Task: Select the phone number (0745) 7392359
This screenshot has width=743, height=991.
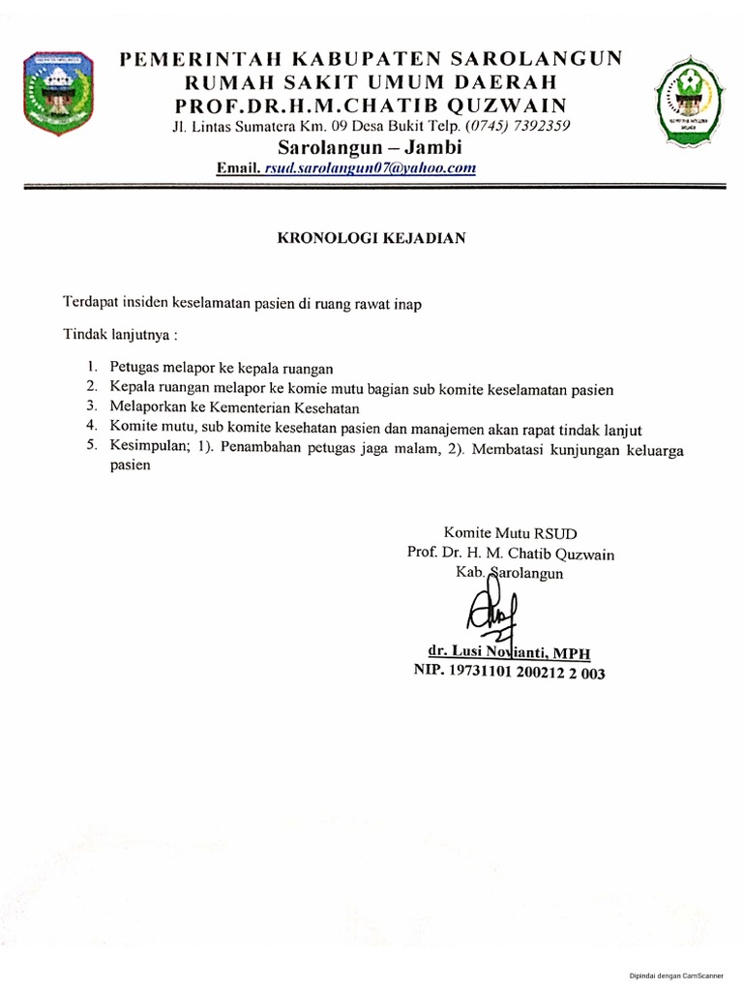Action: tap(519, 126)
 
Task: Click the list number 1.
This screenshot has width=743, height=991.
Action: tap(91, 368)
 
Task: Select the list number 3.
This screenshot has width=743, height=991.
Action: tap(91, 407)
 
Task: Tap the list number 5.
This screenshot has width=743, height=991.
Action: tap(91, 447)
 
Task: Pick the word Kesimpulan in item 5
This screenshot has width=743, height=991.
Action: tap(144, 447)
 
